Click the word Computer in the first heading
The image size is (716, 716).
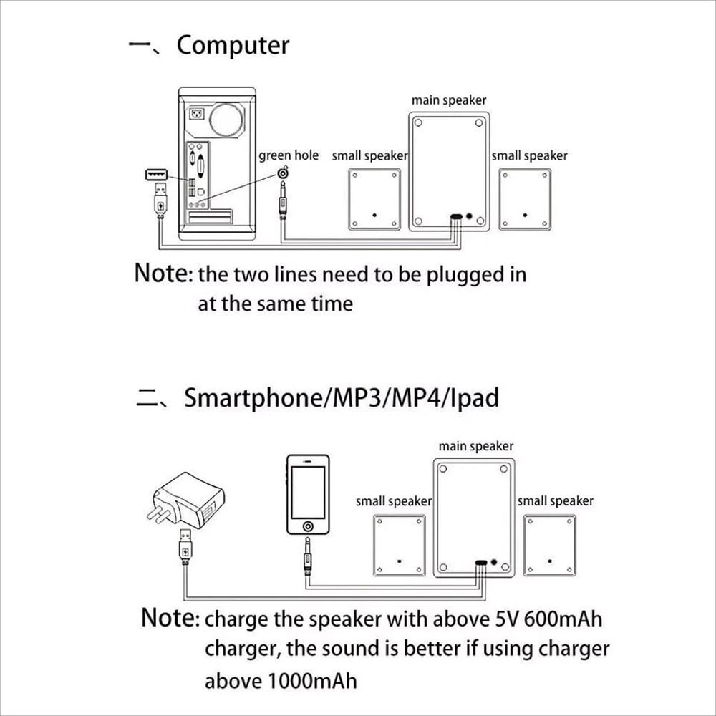(233, 46)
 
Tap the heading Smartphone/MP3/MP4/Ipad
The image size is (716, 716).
(341, 397)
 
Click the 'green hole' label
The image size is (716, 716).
(289, 155)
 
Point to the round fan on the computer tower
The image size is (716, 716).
(226, 120)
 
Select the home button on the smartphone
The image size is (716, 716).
(308, 526)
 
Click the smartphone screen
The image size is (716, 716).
(308, 493)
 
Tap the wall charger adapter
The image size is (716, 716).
(186, 500)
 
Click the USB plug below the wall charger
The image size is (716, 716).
(185, 546)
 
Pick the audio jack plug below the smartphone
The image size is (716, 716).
(308, 556)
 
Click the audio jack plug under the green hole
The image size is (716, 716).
(283, 200)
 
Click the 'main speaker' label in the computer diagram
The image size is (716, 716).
(449, 100)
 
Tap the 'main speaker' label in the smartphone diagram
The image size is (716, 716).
(476, 446)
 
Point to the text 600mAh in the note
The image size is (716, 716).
(563, 619)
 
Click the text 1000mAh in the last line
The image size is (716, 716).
(312, 681)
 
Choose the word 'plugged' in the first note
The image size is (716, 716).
(464, 276)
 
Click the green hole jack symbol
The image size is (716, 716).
(283, 173)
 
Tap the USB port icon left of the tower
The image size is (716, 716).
(156, 175)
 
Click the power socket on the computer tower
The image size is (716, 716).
(197, 113)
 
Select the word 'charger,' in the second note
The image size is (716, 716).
(242, 649)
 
